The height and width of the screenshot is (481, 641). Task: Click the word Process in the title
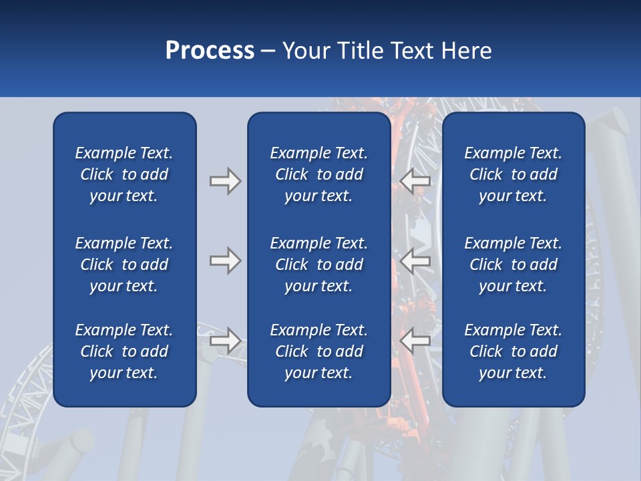(x=210, y=51)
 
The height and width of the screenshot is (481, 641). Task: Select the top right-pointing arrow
(x=225, y=180)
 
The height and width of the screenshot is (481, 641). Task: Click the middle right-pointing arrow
(x=225, y=261)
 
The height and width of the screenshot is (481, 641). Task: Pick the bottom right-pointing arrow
(x=225, y=341)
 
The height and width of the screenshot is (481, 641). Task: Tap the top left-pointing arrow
(x=415, y=180)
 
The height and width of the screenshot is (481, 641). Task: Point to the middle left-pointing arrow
(x=415, y=261)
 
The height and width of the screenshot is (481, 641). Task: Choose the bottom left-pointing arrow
(x=415, y=341)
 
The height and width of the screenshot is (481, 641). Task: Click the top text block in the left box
(x=124, y=174)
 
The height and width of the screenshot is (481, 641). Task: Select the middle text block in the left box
(x=124, y=265)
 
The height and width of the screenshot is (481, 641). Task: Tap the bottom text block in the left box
(x=124, y=351)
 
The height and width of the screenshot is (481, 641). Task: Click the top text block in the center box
(x=318, y=174)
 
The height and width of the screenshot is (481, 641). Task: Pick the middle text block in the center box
(x=318, y=265)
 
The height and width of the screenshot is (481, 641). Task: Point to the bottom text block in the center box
(x=318, y=351)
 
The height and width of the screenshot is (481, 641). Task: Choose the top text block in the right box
(x=513, y=174)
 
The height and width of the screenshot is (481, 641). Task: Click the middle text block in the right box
(x=513, y=265)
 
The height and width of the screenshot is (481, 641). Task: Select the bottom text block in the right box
(x=513, y=351)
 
